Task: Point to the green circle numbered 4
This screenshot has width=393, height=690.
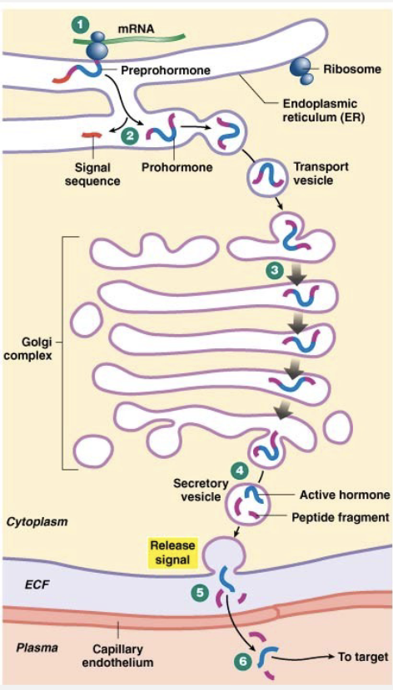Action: pyautogui.click(x=240, y=471)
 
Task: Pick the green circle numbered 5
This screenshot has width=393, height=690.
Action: pyautogui.click(x=200, y=593)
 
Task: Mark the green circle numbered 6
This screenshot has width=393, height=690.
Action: pyautogui.click(x=242, y=661)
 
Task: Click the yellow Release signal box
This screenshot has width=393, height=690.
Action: pyautogui.click(x=172, y=553)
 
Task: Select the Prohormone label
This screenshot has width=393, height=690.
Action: pyautogui.click(x=177, y=167)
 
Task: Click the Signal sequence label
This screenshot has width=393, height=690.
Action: pyautogui.click(x=92, y=174)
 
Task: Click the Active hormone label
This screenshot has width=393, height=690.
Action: pyautogui.click(x=345, y=495)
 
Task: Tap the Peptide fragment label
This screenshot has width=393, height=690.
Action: pyautogui.click(x=341, y=517)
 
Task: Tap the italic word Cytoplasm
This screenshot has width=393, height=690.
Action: pyautogui.click(x=37, y=522)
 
